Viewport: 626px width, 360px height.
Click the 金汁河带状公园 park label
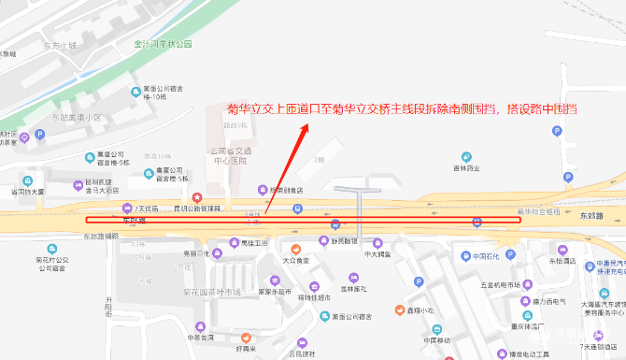point(163,44)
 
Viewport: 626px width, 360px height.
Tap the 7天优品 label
point(152,208)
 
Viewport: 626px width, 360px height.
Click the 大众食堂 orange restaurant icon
point(295,249)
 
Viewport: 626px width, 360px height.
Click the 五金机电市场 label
point(500,283)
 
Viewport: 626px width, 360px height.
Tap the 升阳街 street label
point(107,309)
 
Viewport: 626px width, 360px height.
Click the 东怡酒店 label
point(562,261)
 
